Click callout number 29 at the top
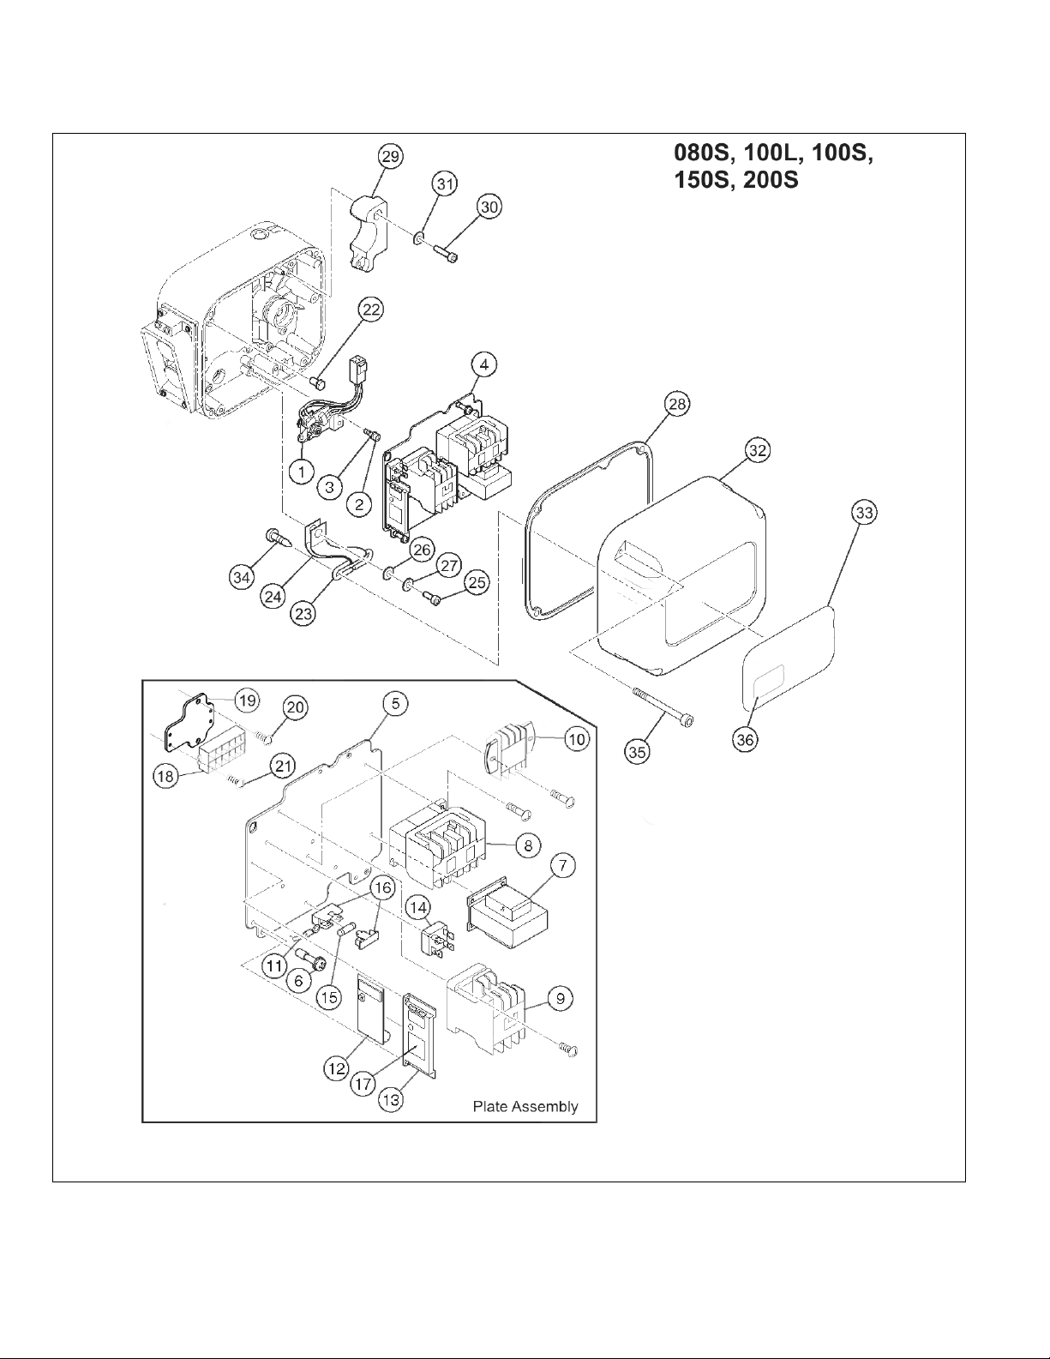(x=391, y=156)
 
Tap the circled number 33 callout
(x=864, y=513)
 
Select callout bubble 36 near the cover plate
(x=745, y=740)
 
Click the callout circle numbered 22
(x=372, y=310)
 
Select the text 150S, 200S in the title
(x=736, y=180)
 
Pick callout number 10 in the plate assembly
(x=576, y=739)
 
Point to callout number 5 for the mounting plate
(x=396, y=704)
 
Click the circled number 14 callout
(x=418, y=907)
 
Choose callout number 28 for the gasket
(x=677, y=405)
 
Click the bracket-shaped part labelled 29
(x=368, y=233)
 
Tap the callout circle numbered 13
(x=391, y=1100)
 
